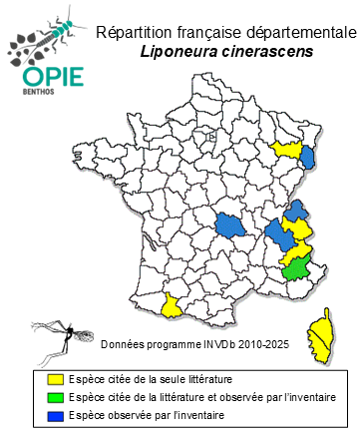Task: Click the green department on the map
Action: coord(295,267)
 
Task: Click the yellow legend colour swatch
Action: coord(41,380)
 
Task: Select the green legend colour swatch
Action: coord(41,397)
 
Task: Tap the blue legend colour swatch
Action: coord(41,413)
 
